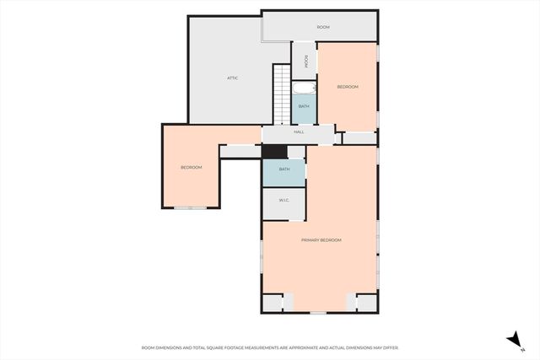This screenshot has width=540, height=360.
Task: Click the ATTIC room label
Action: coord(232,78)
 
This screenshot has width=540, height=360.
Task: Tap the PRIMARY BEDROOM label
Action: coord(321,240)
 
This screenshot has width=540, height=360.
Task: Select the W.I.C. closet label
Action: coord(283,200)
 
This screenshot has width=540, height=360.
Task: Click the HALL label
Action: coord(299,132)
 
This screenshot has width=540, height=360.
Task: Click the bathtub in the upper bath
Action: coord(303,88)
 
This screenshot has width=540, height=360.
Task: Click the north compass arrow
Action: coord(512,339)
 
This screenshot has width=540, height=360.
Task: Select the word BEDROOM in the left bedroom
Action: coord(192,167)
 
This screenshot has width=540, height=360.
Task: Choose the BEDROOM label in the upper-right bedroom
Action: coord(348,87)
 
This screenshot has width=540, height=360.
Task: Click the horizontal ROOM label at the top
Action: coord(323,27)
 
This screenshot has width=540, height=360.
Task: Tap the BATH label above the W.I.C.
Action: coord(284,169)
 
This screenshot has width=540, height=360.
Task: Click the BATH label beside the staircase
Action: coord(304,106)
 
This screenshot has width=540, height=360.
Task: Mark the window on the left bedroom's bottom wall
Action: coord(197,207)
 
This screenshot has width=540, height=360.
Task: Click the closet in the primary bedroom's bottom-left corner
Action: coord(273,303)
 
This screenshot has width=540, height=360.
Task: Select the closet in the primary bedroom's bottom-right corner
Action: coord(366,303)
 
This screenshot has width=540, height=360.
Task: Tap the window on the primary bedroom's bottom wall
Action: coord(317,313)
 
